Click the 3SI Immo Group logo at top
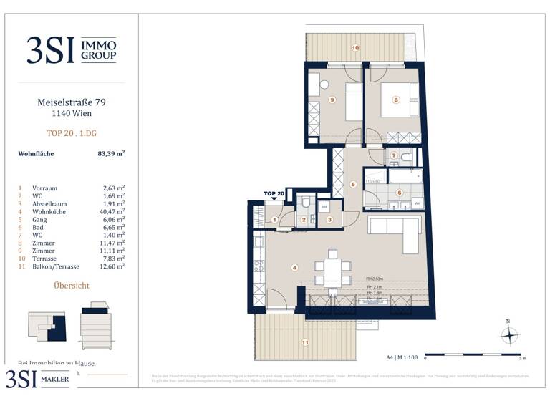[71, 49]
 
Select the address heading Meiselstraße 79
[71, 102]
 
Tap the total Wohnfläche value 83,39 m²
[111, 153]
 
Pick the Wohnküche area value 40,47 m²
[114, 211]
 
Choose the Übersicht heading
[72, 286]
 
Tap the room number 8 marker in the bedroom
[395, 100]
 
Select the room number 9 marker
[332, 100]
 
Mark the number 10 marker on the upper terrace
[354, 48]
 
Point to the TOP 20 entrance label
[274, 194]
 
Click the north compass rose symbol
[509, 334]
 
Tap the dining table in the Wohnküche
[332, 271]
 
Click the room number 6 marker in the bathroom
[400, 192]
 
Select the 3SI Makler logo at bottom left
[39, 378]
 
